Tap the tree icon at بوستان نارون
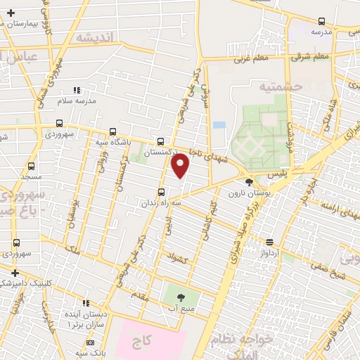coord(249,183)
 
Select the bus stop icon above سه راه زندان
coord(162,192)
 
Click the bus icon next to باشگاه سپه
coord(112,131)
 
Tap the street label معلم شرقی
coord(311,56)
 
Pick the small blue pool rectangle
coord(219,124)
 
